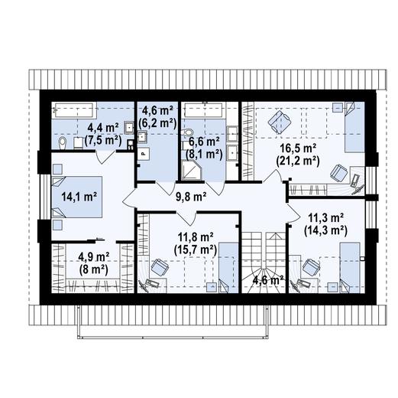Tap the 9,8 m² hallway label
(190, 197)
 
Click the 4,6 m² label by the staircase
(268, 280)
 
